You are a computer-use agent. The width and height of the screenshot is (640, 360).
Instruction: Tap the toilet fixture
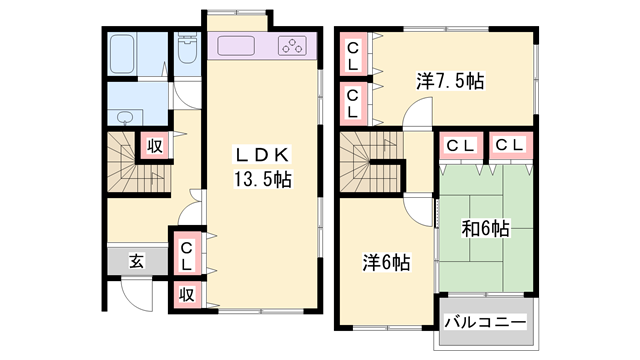point(186,50)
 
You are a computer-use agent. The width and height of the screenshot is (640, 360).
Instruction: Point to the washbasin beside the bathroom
point(125,117)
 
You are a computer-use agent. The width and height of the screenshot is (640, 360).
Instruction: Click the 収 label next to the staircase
point(156,147)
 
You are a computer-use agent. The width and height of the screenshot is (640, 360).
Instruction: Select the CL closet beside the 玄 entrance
point(187,255)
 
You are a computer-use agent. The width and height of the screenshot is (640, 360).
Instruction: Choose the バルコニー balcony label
point(485,322)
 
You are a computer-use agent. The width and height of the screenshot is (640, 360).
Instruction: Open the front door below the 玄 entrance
point(135,292)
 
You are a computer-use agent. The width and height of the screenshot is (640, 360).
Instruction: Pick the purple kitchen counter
point(265,46)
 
